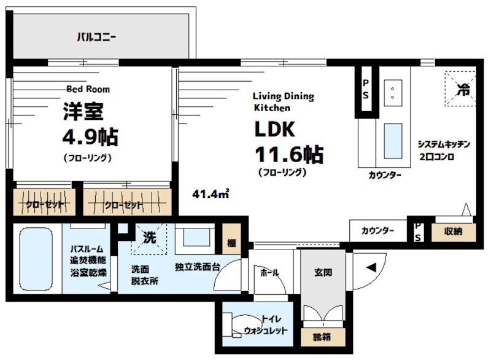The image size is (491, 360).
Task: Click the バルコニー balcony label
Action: (x=96, y=36)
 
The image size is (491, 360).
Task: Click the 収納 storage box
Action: (x=454, y=232)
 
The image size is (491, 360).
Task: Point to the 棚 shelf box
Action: (x=231, y=243)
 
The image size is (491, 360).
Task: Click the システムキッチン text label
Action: (x=443, y=144)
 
